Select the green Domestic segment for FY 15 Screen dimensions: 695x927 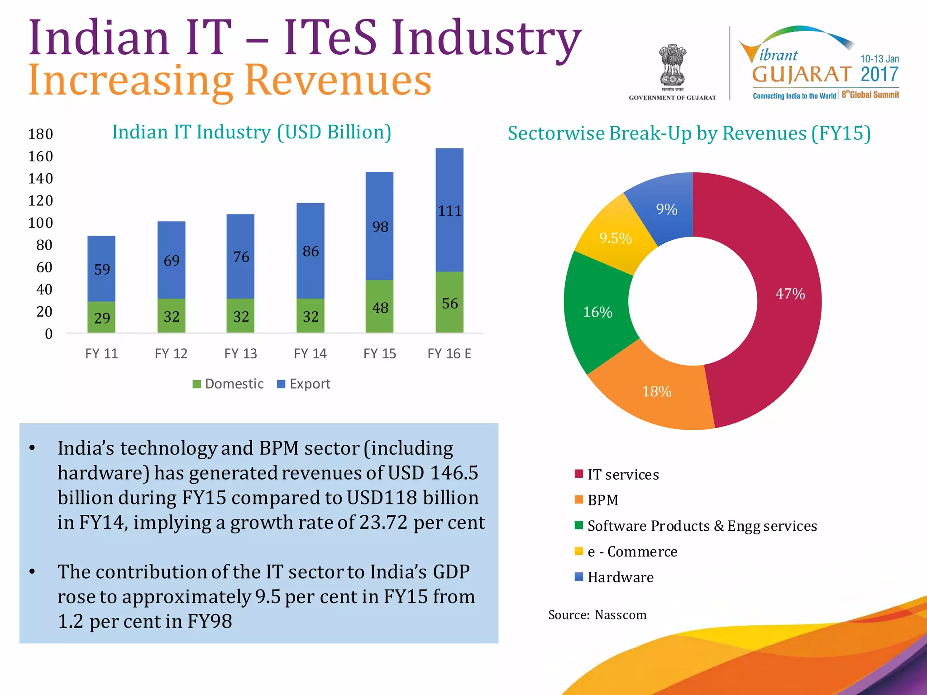pos(379,306)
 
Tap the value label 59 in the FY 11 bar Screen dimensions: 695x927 pos(102,270)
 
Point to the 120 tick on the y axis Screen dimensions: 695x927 pos(41,200)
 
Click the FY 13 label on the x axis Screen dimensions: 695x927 pos(240,353)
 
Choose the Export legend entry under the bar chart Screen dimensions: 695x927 pos(304,384)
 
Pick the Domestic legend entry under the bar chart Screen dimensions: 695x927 pos(228,384)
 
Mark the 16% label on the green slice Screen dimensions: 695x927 pos(597,312)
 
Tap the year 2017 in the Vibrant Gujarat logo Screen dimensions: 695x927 pos(879,75)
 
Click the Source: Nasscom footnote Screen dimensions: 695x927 pos(597,615)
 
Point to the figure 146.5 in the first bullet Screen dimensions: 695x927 pos(454,473)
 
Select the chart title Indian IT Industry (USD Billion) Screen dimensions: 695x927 pos(252,132)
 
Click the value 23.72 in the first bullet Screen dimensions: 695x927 pos(383,523)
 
